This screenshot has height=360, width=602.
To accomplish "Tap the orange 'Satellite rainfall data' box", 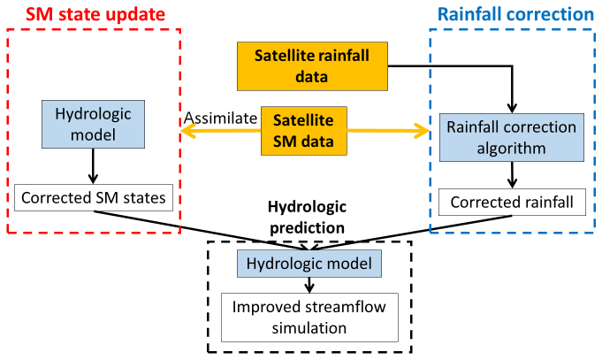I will point(313,66).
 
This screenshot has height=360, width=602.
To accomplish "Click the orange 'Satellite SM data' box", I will point(301,131).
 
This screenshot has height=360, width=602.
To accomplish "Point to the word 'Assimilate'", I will point(220,119).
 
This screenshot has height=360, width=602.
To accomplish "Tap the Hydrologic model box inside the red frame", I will point(92,125).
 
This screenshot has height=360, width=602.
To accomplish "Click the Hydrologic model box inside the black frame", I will point(309,263).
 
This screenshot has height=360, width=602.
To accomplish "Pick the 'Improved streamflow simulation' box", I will point(309,317).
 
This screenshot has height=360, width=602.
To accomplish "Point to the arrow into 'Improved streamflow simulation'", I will point(309,284).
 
